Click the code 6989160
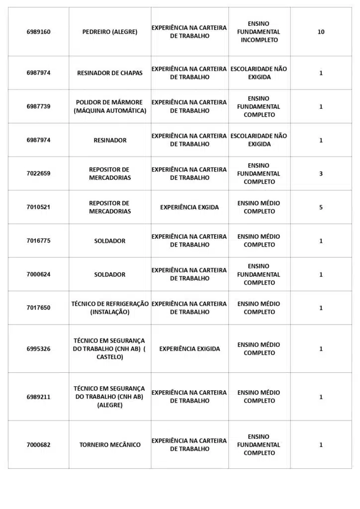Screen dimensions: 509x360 (38, 32)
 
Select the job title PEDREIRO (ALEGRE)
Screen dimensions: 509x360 (110, 32)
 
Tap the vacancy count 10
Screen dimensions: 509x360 (321, 32)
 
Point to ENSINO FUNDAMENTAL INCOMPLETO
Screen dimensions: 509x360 (259, 32)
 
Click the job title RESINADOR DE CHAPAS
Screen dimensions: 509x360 (110, 73)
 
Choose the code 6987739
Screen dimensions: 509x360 (38, 106)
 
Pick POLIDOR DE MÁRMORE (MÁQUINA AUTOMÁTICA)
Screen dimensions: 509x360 (110, 106)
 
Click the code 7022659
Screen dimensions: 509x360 (38, 173)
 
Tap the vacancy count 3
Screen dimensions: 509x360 (321, 173)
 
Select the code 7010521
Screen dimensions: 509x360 (38, 207)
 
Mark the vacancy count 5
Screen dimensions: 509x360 (321, 207)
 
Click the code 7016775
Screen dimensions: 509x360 (38, 241)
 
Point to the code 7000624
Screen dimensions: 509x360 (38, 274)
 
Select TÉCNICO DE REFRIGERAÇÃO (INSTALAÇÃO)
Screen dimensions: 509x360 (110, 308)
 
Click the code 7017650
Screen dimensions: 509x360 (38, 308)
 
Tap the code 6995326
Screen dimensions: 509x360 (38, 349)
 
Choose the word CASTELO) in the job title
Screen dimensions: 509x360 (110, 357)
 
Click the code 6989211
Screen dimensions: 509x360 (38, 397)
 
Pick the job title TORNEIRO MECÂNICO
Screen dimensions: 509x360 (110, 445)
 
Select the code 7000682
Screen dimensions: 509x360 (38, 445)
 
